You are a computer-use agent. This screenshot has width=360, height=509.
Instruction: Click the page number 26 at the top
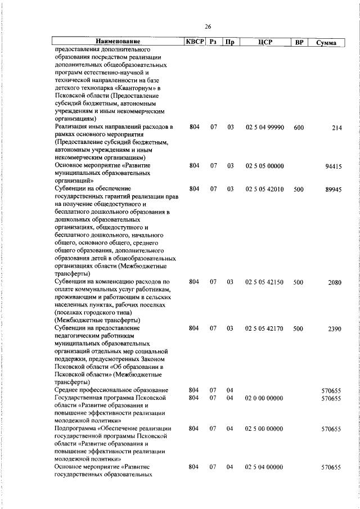(208, 27)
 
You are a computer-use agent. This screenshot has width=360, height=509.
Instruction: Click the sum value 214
(336, 128)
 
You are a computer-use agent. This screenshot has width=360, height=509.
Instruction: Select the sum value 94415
(331, 166)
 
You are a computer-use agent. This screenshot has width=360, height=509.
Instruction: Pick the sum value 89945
(331, 190)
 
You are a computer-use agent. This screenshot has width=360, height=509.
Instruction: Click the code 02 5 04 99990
(264, 128)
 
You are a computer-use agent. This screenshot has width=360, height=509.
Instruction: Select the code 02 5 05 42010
(264, 190)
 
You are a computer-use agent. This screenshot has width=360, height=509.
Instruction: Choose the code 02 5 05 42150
(264, 282)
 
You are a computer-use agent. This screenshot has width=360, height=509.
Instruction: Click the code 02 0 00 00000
(264, 398)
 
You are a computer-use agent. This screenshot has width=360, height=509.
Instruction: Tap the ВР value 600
(299, 128)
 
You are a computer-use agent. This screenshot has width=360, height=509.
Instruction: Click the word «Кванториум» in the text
(134, 88)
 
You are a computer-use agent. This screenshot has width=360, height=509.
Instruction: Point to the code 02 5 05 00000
(264, 166)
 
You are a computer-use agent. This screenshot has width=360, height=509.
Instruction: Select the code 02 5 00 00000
(264, 429)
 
